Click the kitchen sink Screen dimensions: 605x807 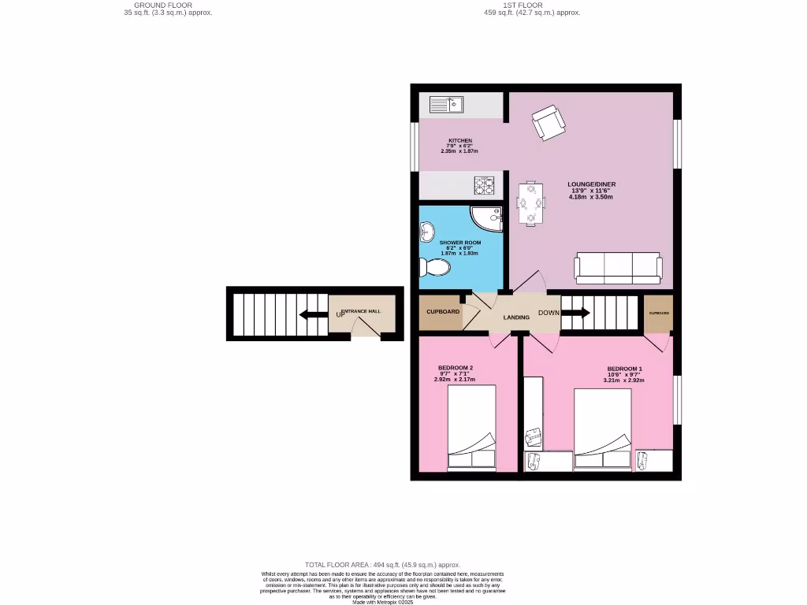(x=447, y=103)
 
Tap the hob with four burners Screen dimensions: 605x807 (x=484, y=186)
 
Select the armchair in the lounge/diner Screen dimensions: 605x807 (x=548, y=122)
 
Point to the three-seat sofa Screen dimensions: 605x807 (x=619, y=268)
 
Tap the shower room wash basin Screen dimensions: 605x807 (x=427, y=232)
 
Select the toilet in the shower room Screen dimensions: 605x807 (x=435, y=269)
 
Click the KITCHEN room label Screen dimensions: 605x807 (x=460, y=141)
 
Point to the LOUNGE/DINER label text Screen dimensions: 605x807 (x=591, y=184)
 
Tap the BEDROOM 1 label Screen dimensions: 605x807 (x=624, y=369)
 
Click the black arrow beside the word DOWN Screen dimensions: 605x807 (x=575, y=313)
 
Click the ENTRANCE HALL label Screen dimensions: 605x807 (x=362, y=311)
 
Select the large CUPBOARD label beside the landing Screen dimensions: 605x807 (x=443, y=312)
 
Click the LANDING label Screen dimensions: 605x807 (x=517, y=317)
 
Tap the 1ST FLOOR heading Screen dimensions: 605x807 (x=522, y=5)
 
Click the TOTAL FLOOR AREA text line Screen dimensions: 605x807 (x=382, y=565)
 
